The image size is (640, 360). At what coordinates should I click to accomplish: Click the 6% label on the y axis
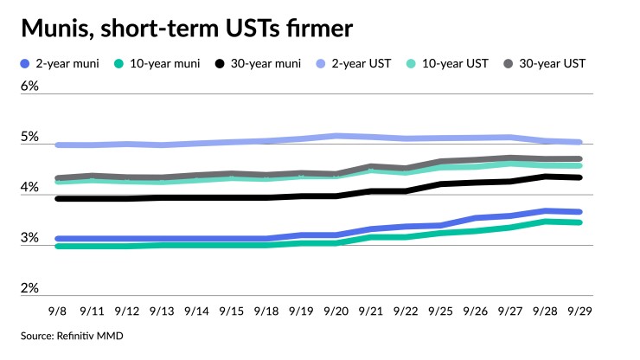30,87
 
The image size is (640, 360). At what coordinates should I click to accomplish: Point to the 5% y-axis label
30,137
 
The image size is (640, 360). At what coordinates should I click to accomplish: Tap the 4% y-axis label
30,187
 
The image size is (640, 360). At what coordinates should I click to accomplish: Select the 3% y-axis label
30,237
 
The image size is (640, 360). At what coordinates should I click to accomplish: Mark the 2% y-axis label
30,287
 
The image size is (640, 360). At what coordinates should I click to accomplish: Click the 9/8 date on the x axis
57,310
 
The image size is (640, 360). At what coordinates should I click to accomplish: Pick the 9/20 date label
336,310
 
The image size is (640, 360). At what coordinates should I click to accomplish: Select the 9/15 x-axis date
232,310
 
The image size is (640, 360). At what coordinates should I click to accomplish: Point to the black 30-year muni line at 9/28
546,177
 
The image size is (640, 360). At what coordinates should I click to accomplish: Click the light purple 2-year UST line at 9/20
336,136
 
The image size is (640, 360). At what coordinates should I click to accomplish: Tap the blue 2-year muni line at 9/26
476,218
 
